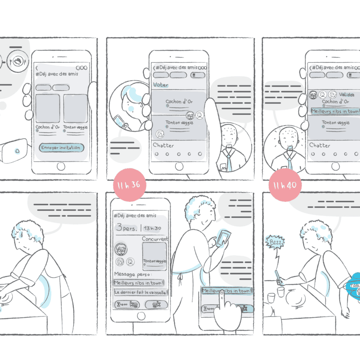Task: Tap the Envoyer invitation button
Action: pyautogui.click(x=61, y=148)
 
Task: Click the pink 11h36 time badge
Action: pyautogui.click(x=127, y=185)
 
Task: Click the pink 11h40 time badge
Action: pyautogui.click(x=285, y=185)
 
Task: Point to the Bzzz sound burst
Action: pyautogui.click(x=275, y=242)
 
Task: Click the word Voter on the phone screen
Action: pyautogui.click(x=160, y=85)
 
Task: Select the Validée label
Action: pyautogui.click(x=347, y=94)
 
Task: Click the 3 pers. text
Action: pyautogui.click(x=127, y=228)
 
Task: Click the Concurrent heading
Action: pyautogui.click(x=155, y=239)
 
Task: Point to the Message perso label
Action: pyautogui.click(x=130, y=274)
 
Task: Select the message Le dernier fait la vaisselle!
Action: pyautogui.click(x=140, y=292)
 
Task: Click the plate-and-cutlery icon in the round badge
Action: pyautogui.click(x=18, y=62)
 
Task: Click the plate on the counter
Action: pyautogui.click(x=296, y=302)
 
